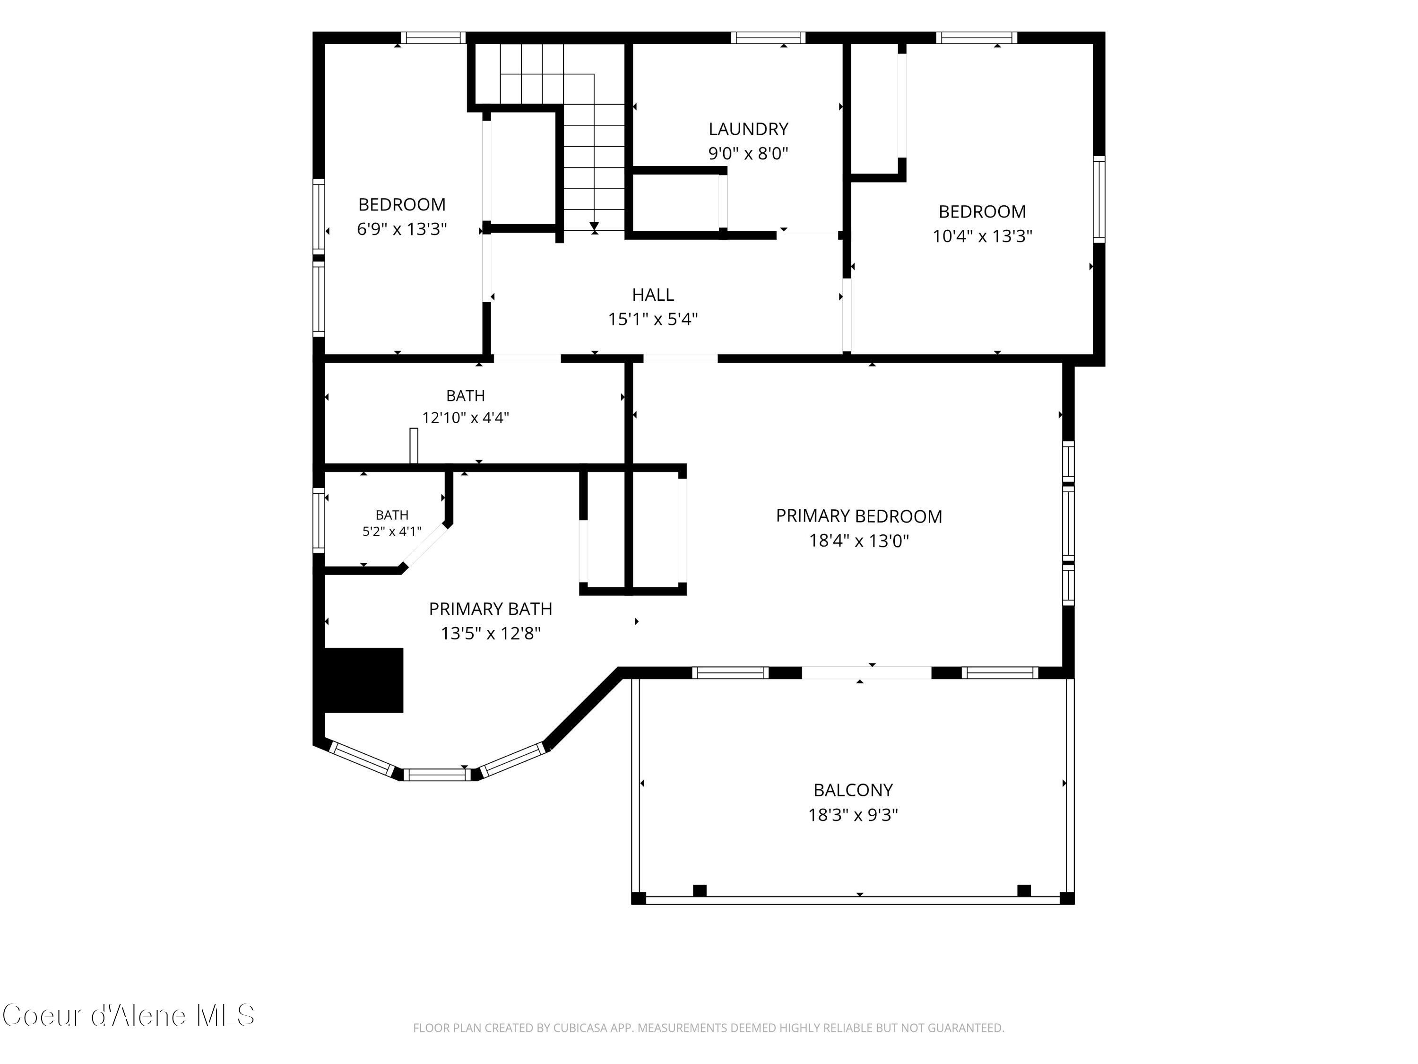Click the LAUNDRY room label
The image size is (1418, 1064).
click(x=748, y=129)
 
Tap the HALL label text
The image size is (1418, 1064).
click(x=653, y=295)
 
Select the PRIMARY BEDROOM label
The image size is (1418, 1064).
click(x=859, y=516)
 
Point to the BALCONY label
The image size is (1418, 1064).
click(x=853, y=790)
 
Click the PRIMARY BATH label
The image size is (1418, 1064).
click(x=491, y=609)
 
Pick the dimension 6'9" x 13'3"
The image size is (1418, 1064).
click(x=402, y=229)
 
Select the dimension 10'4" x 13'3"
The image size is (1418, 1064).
click(x=982, y=236)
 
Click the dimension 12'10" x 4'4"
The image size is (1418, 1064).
click(x=466, y=418)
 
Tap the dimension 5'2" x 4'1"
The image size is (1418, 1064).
click(x=392, y=531)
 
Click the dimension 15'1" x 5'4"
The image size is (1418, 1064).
click(x=653, y=319)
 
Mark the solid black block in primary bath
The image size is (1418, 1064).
click(x=364, y=680)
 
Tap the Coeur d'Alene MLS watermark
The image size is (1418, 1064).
click(x=128, y=1015)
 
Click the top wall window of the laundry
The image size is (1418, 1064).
click(x=768, y=37)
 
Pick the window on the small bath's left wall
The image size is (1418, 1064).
click(x=319, y=520)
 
